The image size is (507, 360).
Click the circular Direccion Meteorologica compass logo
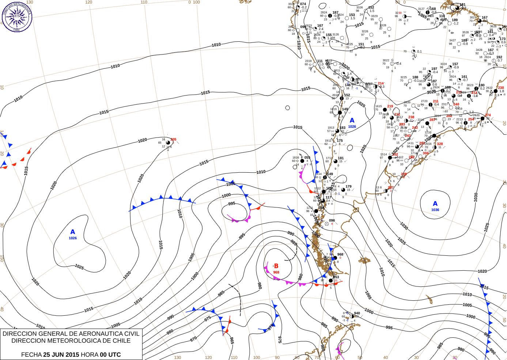point(17,16)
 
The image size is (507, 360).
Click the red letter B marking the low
point(276,266)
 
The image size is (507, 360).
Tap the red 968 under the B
point(276,272)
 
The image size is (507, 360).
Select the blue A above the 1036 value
point(435,203)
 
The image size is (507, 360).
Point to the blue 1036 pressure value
point(435,210)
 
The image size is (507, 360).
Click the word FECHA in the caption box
point(31,355)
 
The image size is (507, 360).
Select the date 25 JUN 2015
point(61,355)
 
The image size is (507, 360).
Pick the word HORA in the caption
point(90,355)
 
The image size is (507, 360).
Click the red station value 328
point(440,144)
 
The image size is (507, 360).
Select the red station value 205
point(173,139)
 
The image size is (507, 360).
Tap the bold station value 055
point(307,158)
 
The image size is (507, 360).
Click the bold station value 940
point(357,313)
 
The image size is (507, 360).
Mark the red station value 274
point(488,115)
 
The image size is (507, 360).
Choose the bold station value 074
point(303,4)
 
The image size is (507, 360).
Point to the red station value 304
point(425,153)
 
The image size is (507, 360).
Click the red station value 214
point(381,83)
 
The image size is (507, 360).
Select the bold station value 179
point(348,187)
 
